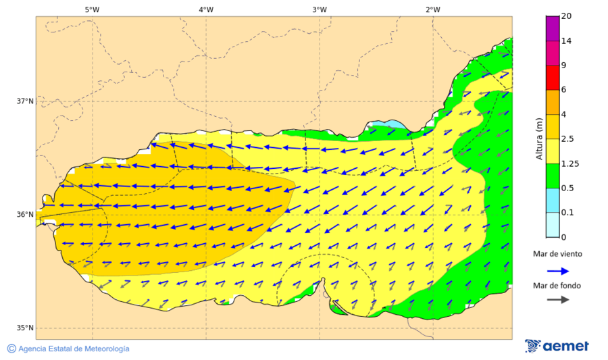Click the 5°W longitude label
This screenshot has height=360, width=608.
click(92, 9)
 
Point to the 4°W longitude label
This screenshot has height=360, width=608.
click(206, 9)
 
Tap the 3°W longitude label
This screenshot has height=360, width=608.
click(320, 9)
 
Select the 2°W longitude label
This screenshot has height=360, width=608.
click(433, 9)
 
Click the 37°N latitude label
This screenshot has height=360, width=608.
click(25, 101)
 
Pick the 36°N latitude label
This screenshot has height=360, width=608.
click(25, 215)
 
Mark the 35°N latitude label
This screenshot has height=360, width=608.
click(25, 328)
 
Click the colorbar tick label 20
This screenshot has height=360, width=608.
click(566, 16)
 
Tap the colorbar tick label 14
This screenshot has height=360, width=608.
click(566, 41)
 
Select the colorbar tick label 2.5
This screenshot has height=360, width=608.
click(567, 139)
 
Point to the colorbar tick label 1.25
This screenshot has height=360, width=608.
click(569, 163)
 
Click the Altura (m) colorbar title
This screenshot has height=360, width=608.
click(539, 138)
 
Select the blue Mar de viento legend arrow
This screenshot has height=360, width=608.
click(556, 269)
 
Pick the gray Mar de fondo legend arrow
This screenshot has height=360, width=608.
click(556, 300)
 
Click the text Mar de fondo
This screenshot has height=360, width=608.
click(556, 285)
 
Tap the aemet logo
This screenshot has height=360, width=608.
click(557, 346)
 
